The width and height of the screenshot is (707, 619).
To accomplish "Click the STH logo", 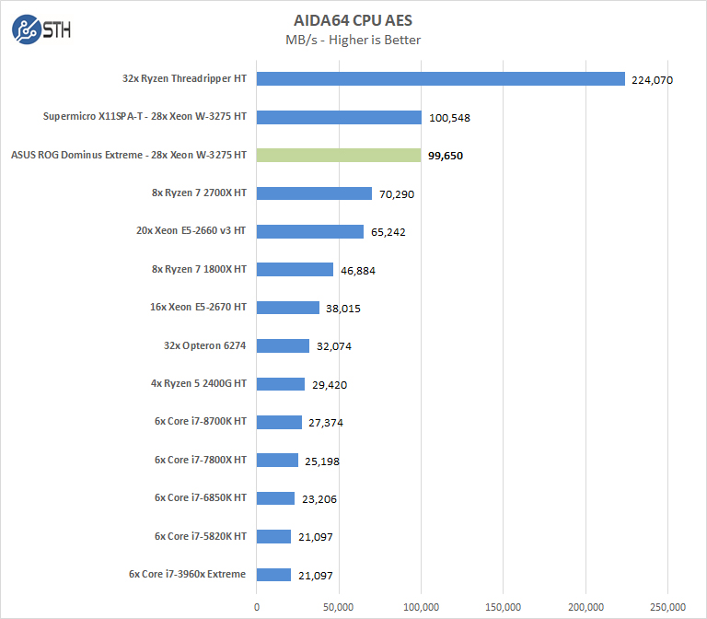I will [x=41, y=30].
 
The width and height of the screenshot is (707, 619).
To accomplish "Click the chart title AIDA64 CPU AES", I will [x=354, y=20].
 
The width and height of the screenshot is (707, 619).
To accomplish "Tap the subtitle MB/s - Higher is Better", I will [x=354, y=40].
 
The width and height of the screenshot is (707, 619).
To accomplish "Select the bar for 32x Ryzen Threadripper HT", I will [x=440, y=79].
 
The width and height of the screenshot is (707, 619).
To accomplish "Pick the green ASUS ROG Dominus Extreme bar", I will [x=339, y=156].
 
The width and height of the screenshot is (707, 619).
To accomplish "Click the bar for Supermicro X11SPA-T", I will [x=339, y=117].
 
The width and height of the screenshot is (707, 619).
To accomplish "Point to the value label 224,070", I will [x=653, y=80].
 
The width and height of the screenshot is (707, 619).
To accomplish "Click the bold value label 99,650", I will [x=446, y=157].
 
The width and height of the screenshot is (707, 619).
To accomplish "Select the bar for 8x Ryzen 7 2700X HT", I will [x=314, y=193].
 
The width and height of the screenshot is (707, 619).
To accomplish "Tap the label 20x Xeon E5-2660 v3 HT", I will [x=191, y=231].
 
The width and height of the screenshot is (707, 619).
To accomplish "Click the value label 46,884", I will [x=357, y=271].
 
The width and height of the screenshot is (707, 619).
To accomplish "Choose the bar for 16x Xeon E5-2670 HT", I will [x=288, y=308].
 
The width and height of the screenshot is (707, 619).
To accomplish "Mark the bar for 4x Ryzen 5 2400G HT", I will [x=281, y=384].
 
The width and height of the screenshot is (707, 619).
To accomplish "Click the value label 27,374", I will [x=326, y=423].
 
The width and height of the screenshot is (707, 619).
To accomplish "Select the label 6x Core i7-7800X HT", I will [x=200, y=460].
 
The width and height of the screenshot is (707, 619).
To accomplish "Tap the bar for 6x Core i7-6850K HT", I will [x=275, y=498].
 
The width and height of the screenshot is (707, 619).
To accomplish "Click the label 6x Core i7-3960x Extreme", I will [x=188, y=574].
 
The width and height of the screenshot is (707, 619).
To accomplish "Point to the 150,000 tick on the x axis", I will [x=504, y=606].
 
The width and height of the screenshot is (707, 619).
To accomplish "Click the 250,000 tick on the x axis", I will [x=668, y=606].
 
